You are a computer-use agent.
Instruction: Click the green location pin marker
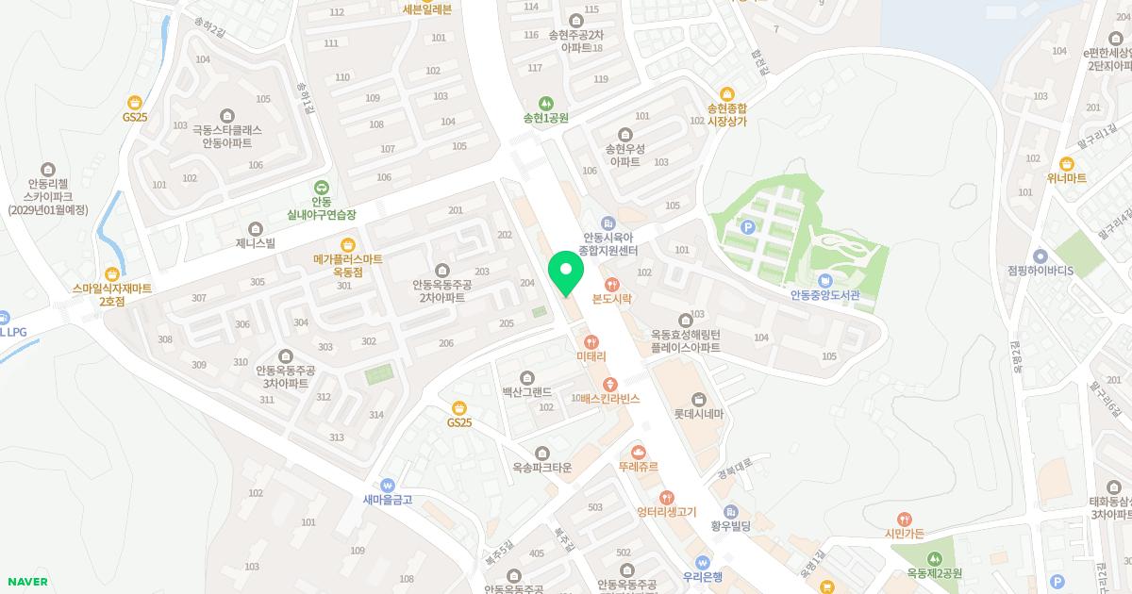click(566, 272)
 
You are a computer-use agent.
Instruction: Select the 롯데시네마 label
click(698, 414)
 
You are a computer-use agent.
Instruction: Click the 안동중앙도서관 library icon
click(825, 281)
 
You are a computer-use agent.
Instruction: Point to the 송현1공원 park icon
click(545, 104)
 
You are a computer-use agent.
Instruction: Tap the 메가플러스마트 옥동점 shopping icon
click(347, 243)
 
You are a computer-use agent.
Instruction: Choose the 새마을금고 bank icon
click(388, 485)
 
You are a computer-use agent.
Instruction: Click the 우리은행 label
click(703, 576)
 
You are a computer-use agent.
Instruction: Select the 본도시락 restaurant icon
click(611, 283)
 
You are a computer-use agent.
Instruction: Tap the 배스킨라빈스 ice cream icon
click(610, 383)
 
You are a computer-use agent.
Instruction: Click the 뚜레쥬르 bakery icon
click(639, 452)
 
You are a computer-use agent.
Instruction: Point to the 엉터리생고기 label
click(666, 512)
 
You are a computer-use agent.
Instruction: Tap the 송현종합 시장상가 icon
click(727, 93)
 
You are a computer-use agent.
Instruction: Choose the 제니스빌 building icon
click(256, 228)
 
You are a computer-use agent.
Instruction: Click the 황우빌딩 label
click(730, 525)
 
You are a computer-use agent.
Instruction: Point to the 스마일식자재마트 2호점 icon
click(112, 273)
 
